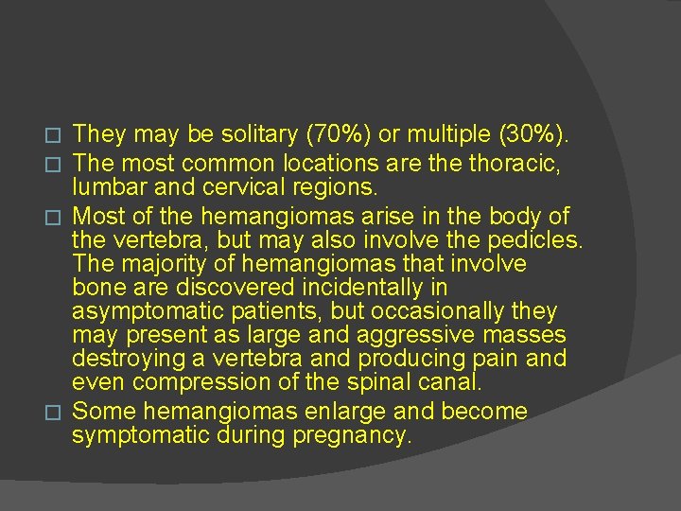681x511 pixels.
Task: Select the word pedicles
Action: click(x=533, y=238)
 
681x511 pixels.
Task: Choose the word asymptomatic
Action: click(x=139, y=310)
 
